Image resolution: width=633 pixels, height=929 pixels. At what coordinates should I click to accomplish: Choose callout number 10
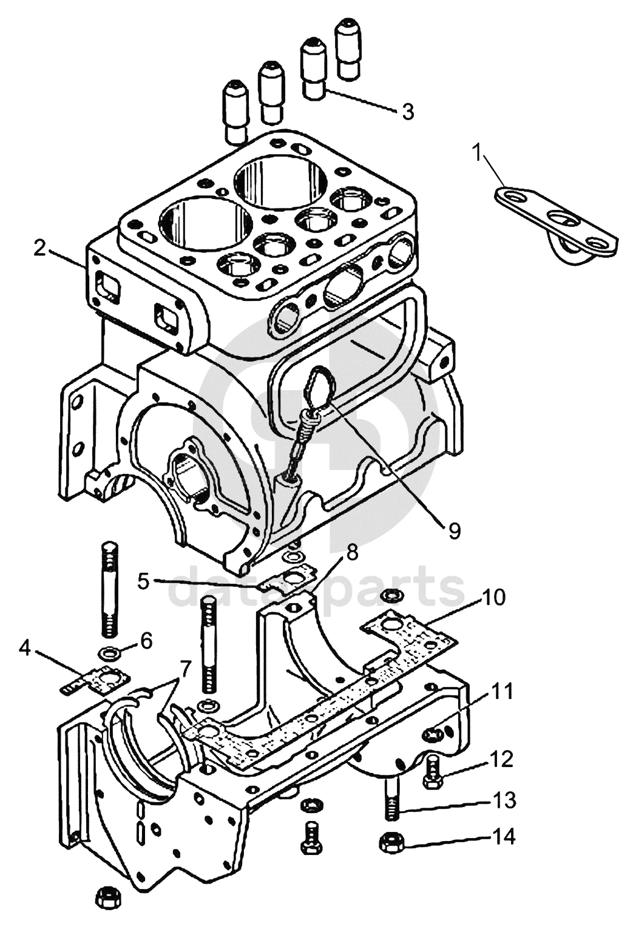click(x=492, y=598)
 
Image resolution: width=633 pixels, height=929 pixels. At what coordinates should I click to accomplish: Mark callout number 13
click(x=503, y=798)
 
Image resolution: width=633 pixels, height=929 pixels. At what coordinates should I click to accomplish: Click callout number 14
click(x=503, y=836)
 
